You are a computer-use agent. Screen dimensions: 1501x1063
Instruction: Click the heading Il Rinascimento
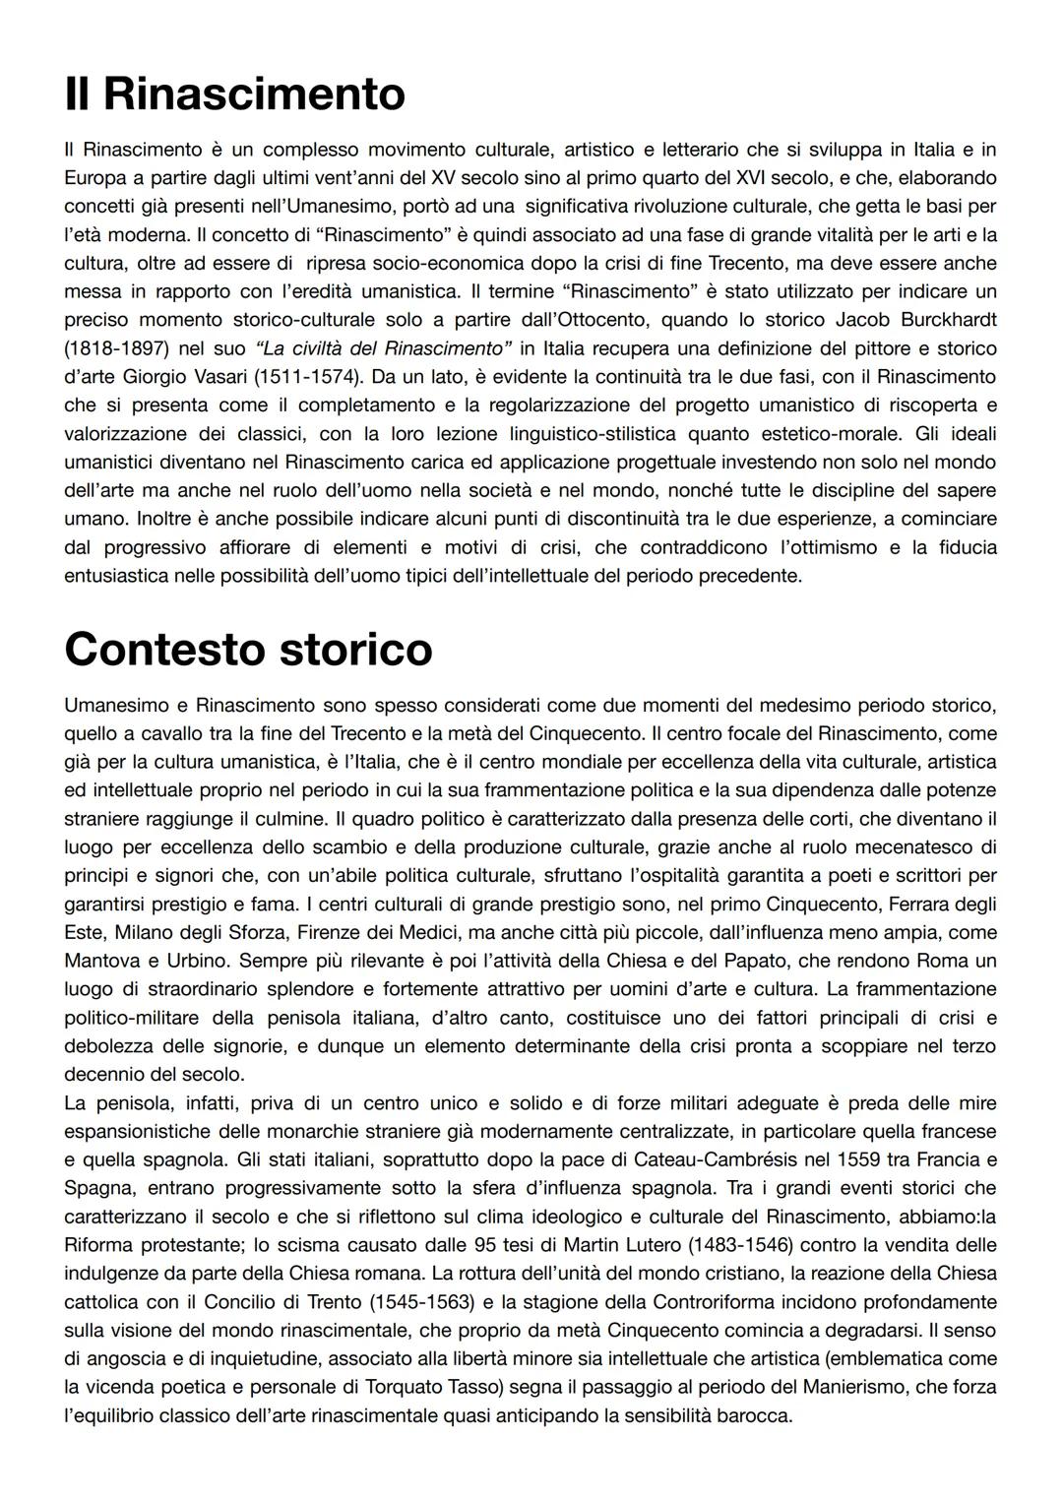coord(234,94)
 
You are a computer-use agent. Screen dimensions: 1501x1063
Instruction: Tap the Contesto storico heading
coord(248,650)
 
